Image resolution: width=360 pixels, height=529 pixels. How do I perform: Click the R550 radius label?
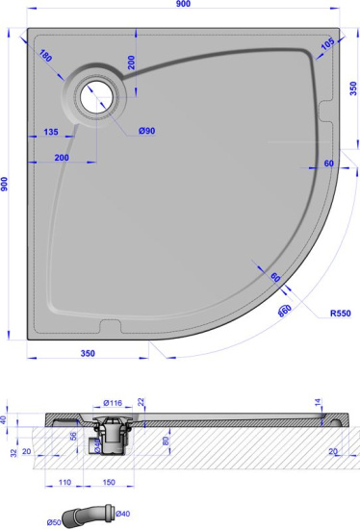pos(339,314)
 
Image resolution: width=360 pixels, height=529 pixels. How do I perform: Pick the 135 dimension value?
pos(50,133)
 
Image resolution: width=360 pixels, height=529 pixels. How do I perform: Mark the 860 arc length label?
pos(284,310)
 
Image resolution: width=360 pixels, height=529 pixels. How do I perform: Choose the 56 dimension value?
pos(74,435)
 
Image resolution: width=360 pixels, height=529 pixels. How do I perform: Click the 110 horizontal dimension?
pos(64,481)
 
